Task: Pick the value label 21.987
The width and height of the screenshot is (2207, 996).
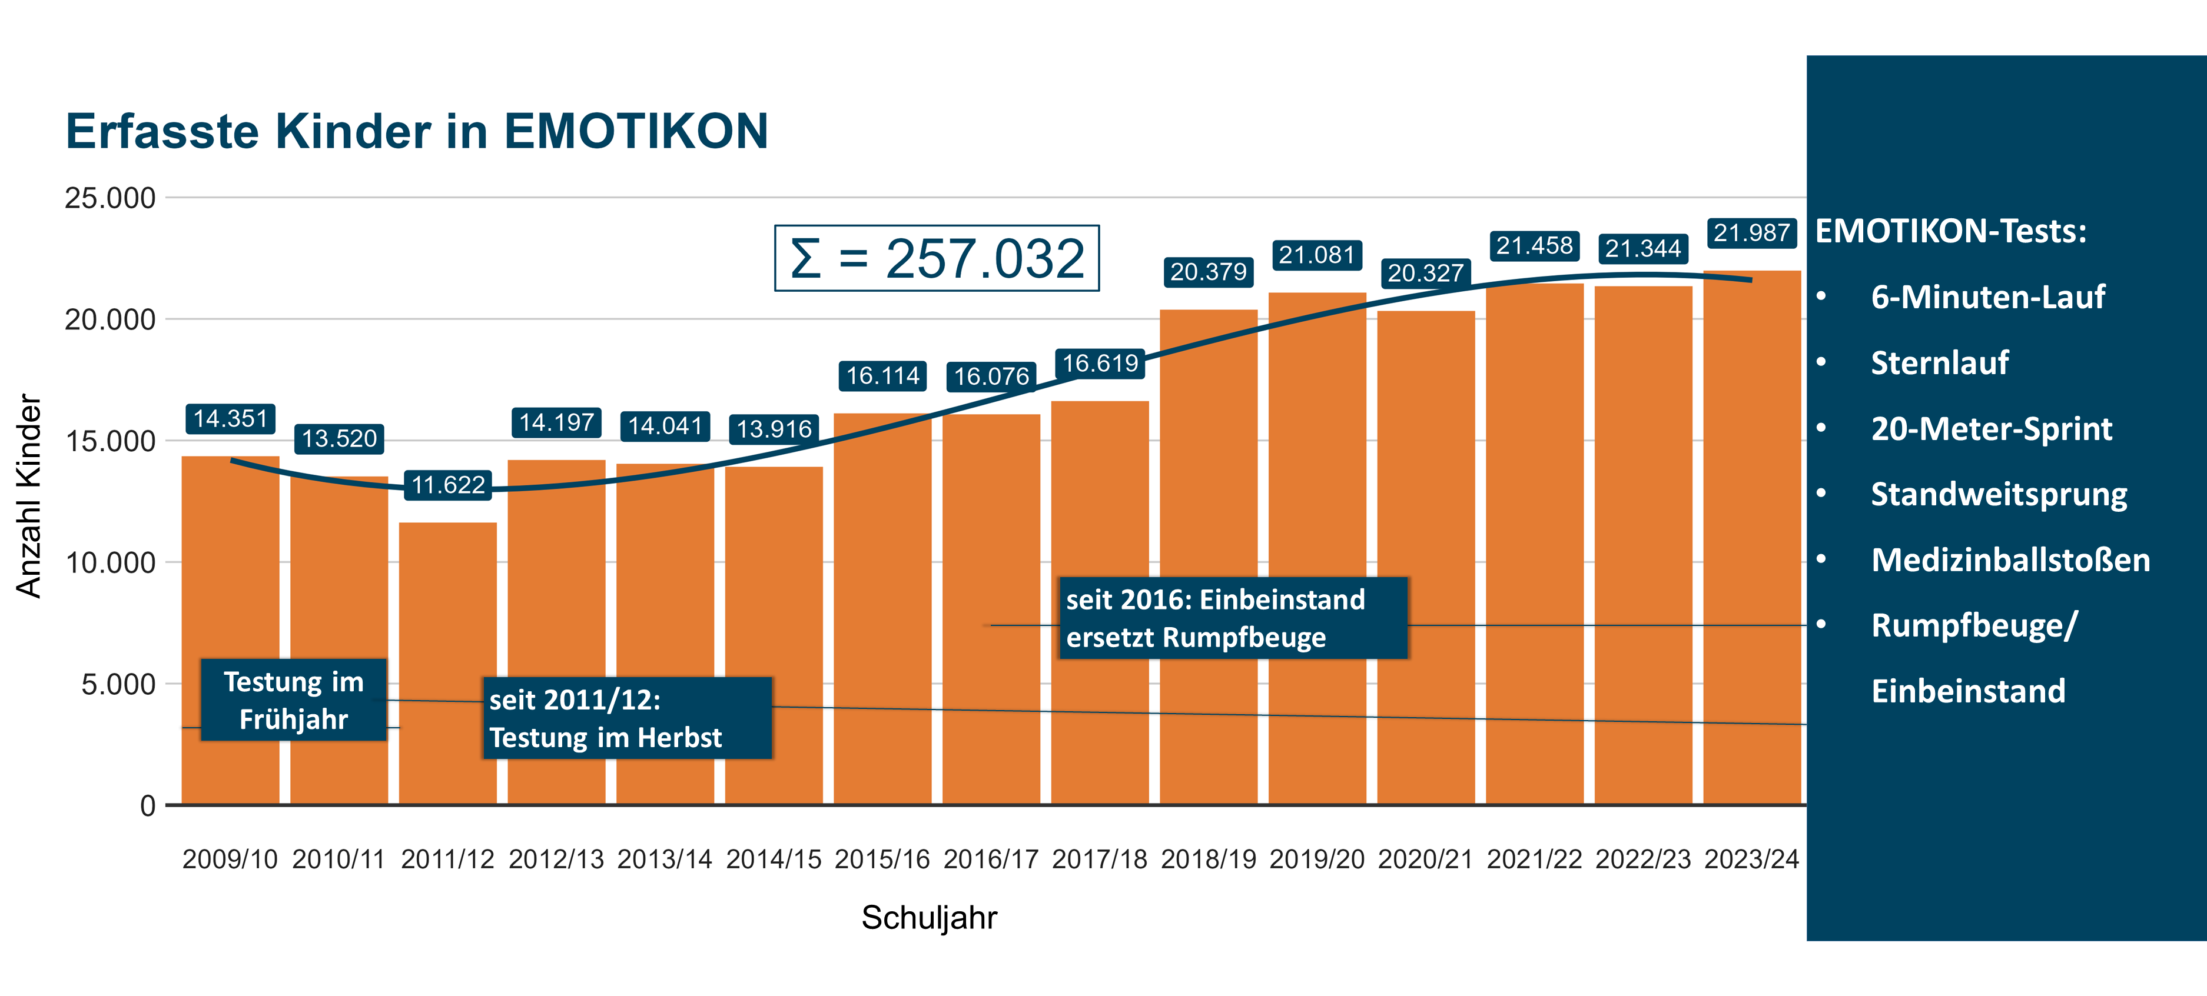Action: tap(1751, 233)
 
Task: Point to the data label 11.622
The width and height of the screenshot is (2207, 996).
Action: tap(448, 485)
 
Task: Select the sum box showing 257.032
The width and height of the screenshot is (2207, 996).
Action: tap(937, 258)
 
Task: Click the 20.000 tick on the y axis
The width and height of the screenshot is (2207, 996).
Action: tap(109, 319)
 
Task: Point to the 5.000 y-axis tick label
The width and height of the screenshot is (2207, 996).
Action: tap(118, 684)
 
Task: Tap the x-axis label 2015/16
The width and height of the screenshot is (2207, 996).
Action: tap(882, 859)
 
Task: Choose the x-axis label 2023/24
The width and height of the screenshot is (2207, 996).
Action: tap(1751, 859)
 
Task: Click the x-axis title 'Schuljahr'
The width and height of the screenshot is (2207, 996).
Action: tap(929, 917)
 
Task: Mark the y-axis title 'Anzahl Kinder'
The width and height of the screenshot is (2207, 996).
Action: tap(28, 496)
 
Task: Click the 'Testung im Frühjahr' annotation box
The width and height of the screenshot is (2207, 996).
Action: tap(294, 699)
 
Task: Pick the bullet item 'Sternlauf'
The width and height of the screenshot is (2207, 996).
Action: tap(1939, 363)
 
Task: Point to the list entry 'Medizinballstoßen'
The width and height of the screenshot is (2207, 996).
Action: tap(2010, 560)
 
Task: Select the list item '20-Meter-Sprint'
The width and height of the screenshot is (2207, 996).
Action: tap(1991, 429)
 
